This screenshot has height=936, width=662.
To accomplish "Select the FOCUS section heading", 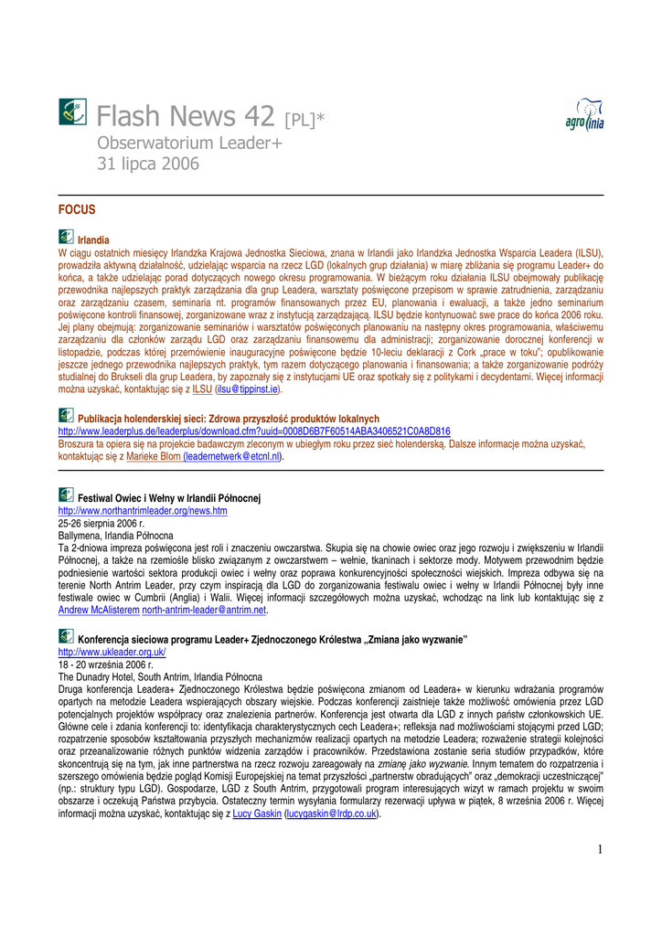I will (x=77, y=209).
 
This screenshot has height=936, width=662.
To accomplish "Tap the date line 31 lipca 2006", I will (x=147, y=164).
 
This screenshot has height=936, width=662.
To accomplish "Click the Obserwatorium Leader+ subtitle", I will (x=189, y=144).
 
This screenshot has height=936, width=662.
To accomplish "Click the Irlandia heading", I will (x=93, y=239).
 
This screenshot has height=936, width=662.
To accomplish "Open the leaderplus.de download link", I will (x=254, y=431).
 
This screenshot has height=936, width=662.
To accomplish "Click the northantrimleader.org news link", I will (x=143, y=511).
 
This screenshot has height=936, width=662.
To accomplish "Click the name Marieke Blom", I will (x=153, y=455).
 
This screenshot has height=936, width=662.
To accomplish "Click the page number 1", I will (x=601, y=850).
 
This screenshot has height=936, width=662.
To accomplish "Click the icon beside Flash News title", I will (x=72, y=112).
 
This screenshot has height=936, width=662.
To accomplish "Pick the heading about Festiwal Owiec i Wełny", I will (x=169, y=498).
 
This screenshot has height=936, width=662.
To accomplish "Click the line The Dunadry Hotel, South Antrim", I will (x=147, y=677).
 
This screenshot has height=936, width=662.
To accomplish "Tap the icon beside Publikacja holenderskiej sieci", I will (x=67, y=417).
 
